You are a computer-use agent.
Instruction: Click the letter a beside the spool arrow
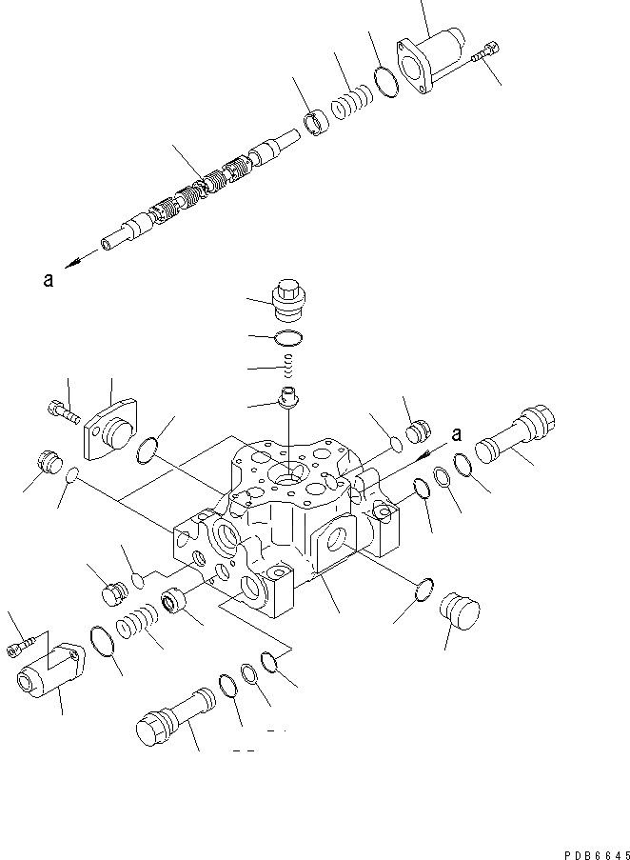49,280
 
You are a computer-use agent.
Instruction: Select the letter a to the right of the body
457,434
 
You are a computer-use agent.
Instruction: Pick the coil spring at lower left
133,630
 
